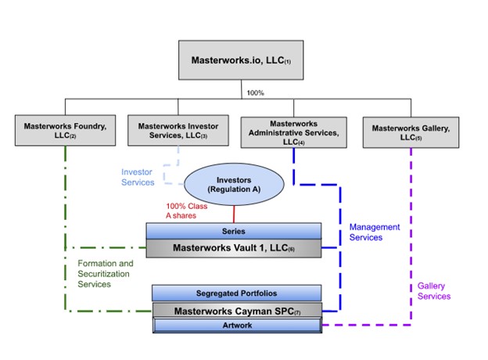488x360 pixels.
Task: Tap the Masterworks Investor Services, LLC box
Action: [178, 130]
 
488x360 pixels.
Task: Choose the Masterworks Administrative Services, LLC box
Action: [293, 129]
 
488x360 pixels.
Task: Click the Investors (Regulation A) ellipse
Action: [233, 185]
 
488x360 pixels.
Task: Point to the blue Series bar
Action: [234, 231]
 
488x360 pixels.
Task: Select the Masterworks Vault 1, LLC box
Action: [234, 248]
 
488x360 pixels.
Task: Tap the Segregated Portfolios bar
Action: [235, 293]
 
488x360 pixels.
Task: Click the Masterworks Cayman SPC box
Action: [235, 311]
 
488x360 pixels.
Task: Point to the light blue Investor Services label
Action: [138, 177]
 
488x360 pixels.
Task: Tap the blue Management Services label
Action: [375, 232]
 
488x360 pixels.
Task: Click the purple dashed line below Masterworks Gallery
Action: [411, 235]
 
